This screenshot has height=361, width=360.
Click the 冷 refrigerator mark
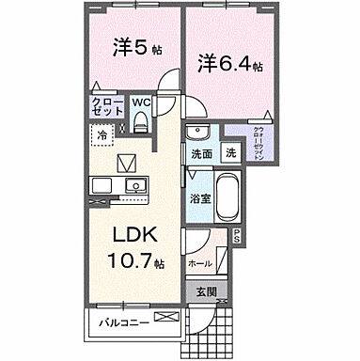[101, 136]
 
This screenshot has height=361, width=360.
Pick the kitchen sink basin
[132, 183]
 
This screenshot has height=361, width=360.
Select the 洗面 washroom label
[201, 153]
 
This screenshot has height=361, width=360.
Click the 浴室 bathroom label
[198, 198]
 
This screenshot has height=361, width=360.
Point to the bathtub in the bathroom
[227, 199]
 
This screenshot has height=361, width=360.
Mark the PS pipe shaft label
[237, 236]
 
